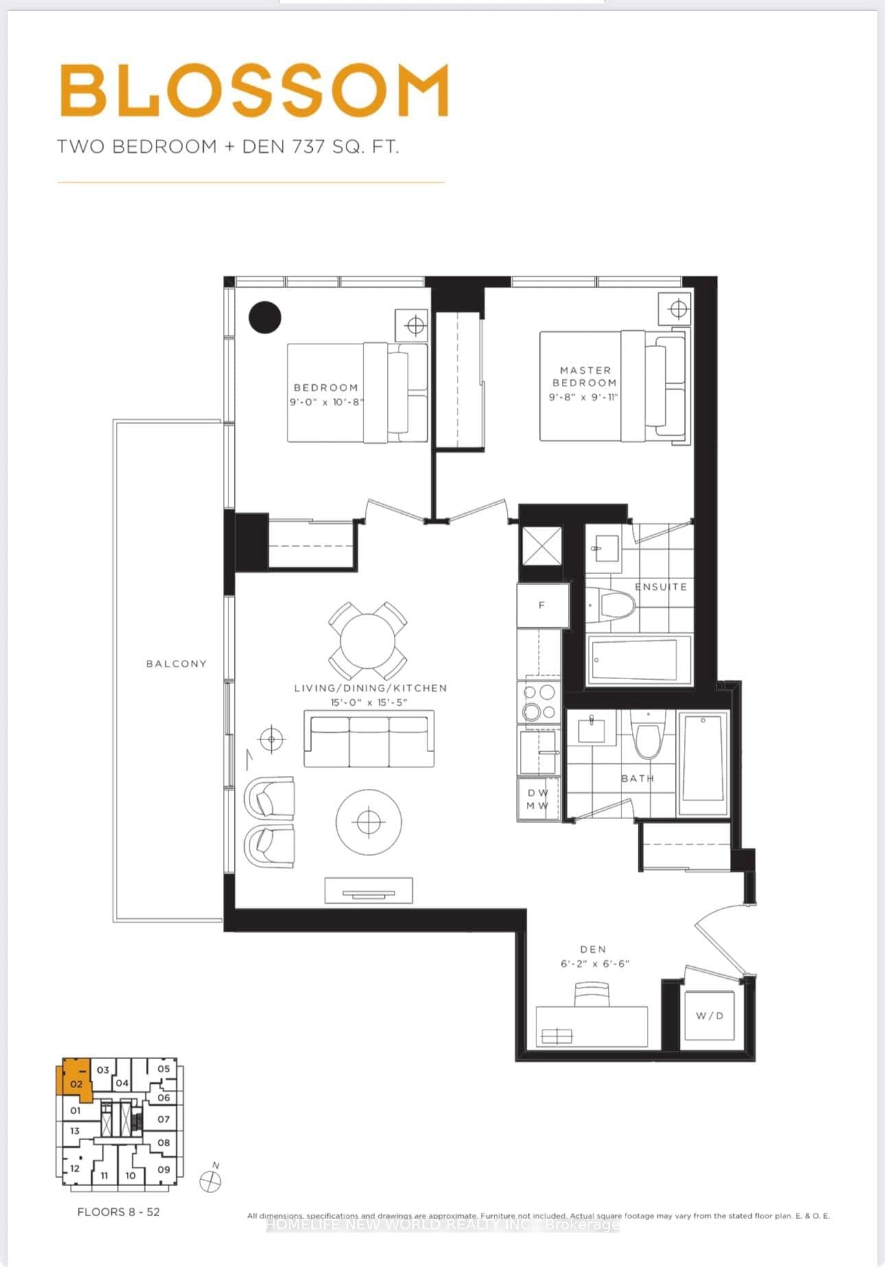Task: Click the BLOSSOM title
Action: pyautogui.click(x=255, y=90)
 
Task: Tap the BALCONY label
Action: pyautogui.click(x=176, y=663)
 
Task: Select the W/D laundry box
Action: pyautogui.click(x=709, y=1015)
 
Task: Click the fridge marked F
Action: pyautogui.click(x=542, y=605)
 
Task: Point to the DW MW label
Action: pyautogui.click(x=537, y=799)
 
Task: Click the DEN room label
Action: pyautogui.click(x=593, y=949)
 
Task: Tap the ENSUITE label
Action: pyautogui.click(x=660, y=587)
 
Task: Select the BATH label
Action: pyautogui.click(x=637, y=779)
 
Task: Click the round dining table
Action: pyautogui.click(x=368, y=641)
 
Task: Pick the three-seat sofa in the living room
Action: pyautogui.click(x=369, y=739)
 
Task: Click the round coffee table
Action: pyautogui.click(x=368, y=822)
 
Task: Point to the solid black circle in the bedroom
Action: pyautogui.click(x=265, y=318)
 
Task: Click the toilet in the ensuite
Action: pyautogui.click(x=616, y=604)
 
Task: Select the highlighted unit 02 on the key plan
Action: pyautogui.click(x=75, y=1085)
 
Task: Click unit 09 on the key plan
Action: pyautogui.click(x=163, y=1170)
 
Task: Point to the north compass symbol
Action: pyautogui.click(x=211, y=1181)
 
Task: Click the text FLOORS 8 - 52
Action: pyautogui.click(x=118, y=1212)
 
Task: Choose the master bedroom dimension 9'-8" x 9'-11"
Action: pyautogui.click(x=584, y=397)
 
